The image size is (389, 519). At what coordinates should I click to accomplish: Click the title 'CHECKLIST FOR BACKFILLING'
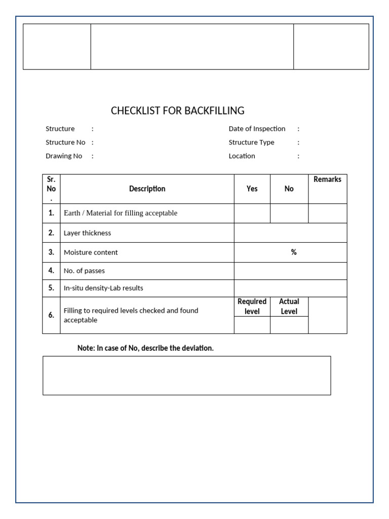pos(177,110)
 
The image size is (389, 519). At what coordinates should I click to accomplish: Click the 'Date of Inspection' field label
pos(257,129)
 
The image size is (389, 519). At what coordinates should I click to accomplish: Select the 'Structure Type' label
pos(251,142)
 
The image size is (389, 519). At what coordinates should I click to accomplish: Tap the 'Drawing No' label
pos(64,156)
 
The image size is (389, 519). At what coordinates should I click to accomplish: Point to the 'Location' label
pos(242,156)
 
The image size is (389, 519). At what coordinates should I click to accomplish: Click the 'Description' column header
pos(147,189)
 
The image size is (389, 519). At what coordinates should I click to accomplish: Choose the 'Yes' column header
pos(252,189)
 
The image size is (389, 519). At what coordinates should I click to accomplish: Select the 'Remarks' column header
pos(327,179)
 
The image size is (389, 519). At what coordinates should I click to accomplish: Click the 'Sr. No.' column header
pos(51,189)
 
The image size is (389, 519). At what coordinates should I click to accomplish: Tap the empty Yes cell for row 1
pos(252,213)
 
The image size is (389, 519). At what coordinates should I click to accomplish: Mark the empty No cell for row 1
pos(289,213)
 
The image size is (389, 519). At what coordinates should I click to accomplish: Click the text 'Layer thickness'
pos(87,233)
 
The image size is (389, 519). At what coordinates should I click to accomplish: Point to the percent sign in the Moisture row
pos(294,252)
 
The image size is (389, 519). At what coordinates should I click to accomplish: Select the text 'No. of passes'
pos(84,271)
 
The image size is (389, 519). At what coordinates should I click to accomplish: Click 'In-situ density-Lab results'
pos(103,288)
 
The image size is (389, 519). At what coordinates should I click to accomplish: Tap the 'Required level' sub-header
pos(252,307)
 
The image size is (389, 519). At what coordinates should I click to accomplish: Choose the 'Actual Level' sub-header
pos(289,307)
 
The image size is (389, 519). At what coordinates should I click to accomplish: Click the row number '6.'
pos(51,315)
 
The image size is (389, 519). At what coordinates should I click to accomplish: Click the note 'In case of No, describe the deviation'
pos(145,348)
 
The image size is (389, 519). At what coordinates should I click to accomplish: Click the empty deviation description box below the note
pos(186,375)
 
